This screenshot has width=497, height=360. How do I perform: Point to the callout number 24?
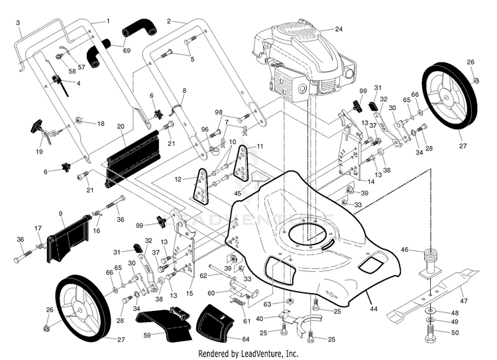click(x=339, y=29)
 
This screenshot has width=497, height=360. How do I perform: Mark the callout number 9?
click(x=60, y=213)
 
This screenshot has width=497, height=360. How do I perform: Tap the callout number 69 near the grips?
click(x=127, y=50)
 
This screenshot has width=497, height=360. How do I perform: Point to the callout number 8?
click(x=184, y=90)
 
